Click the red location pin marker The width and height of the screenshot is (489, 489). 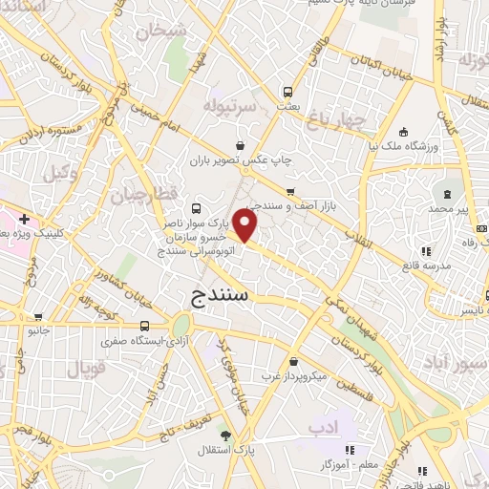tap(245, 226)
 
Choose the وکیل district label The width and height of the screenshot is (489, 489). tap(60, 173)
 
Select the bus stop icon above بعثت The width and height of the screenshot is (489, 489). tap(287, 93)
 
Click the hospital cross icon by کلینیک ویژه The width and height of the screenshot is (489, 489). tap(23, 220)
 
